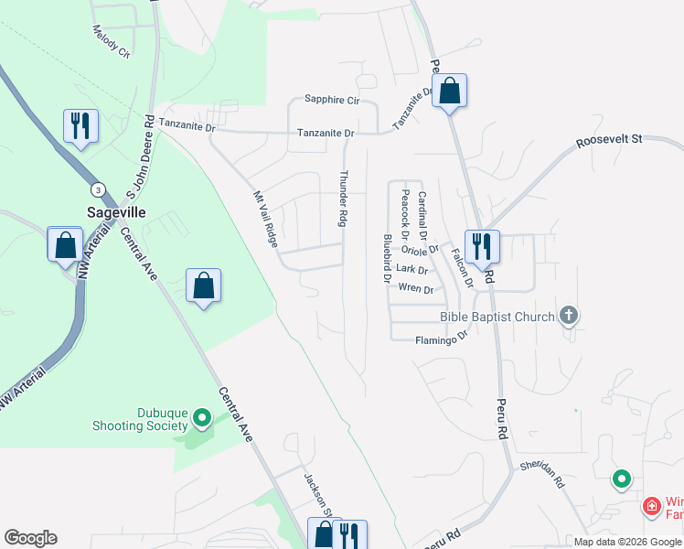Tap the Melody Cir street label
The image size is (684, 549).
click(x=112, y=41)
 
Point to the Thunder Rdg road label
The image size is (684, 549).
click(x=345, y=199)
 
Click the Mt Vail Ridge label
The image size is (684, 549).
click(x=264, y=217)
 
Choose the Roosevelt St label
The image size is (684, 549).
click(x=609, y=141)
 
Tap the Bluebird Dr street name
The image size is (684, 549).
click(x=388, y=257)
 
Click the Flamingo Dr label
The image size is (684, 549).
click(x=442, y=338)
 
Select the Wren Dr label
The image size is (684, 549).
click(x=415, y=288)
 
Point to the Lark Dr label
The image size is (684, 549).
click(x=412, y=269)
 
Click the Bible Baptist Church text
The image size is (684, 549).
click(x=497, y=317)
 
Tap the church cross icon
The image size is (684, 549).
click(x=568, y=317)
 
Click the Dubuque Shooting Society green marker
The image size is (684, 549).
click(x=202, y=420)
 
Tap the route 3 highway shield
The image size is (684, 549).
click(x=96, y=189)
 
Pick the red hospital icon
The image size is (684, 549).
click(x=651, y=505)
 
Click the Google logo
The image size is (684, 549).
click(x=30, y=538)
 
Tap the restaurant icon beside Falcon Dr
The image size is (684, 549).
click(x=481, y=246)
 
